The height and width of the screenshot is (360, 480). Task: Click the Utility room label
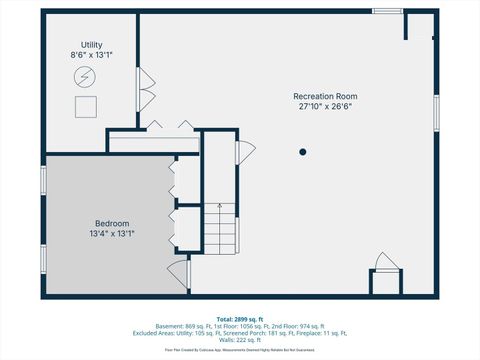pyautogui.click(x=92, y=46)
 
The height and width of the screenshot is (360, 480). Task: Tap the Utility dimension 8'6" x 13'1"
pyautogui.click(x=92, y=56)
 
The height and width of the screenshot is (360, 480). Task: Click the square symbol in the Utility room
pyautogui.click(x=85, y=104)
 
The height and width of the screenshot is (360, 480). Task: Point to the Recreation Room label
pyautogui.click(x=325, y=96)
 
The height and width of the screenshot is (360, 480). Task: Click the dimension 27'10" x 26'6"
pyautogui.click(x=325, y=106)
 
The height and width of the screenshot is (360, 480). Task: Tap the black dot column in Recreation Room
pyautogui.click(x=302, y=152)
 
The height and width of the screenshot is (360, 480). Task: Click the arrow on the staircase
pyautogui.click(x=220, y=212)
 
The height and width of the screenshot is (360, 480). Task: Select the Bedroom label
pyautogui.click(x=112, y=223)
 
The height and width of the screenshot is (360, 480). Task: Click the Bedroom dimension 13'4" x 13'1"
pyautogui.click(x=112, y=233)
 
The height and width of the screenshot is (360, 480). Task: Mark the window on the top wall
pyautogui.click(x=387, y=11)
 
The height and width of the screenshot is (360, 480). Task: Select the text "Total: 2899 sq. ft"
pyautogui.click(x=240, y=319)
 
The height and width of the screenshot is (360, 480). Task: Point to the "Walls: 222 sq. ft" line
pyautogui.click(x=240, y=340)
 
